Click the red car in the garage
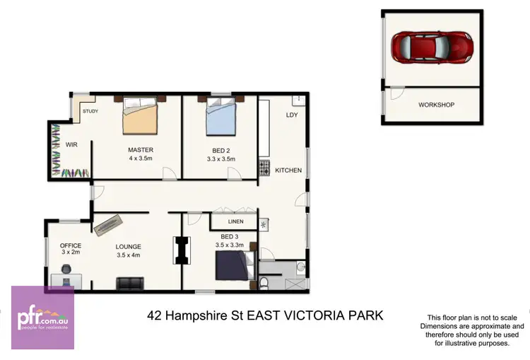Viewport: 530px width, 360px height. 432,47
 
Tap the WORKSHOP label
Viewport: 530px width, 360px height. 436,105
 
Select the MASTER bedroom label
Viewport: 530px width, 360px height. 141,150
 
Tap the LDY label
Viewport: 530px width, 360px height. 292,115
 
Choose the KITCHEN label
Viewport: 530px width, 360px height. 288,170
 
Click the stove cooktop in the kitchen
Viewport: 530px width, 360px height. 264,168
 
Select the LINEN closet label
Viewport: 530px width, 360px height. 226,221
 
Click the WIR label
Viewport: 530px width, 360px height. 71,144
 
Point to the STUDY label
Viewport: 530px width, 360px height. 90,112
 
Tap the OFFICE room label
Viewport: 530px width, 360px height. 71,245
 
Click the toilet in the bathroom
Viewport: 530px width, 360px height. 264,283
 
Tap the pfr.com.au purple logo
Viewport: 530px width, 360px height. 42,318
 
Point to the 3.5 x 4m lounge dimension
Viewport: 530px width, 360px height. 129,255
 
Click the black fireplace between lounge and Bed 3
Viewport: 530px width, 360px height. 183,250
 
